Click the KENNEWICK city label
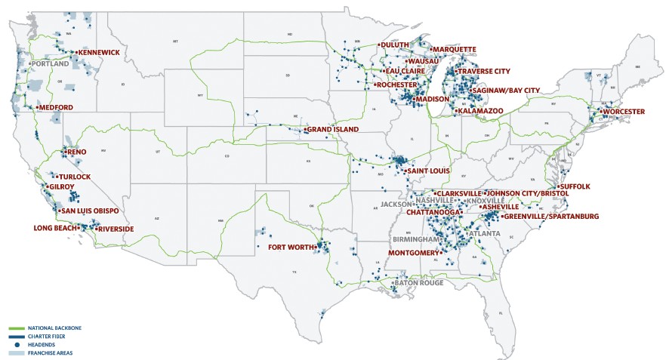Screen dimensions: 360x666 [103, 52]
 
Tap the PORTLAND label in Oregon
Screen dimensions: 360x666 [50, 64]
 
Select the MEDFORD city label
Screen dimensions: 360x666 [57, 108]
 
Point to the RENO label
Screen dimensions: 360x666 [77, 152]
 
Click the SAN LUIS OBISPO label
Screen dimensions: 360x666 [90, 211]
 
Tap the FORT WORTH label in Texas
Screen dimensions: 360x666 [290, 247]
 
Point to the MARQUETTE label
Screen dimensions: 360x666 [455, 49]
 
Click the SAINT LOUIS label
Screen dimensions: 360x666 [429, 171]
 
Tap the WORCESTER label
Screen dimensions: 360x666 [624, 112]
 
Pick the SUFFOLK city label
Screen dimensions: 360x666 [576, 186]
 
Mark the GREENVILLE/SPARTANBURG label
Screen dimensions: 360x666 [551, 217]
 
